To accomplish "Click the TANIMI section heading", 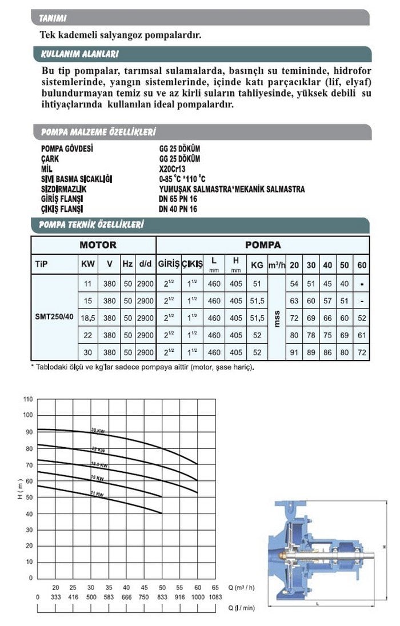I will coord(53,19).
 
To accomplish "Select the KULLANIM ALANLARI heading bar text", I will coord(79,55).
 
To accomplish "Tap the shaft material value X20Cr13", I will coord(173,170).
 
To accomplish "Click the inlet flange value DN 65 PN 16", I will coord(178,199).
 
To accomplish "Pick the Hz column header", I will coord(127,265).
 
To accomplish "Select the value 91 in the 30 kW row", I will coord(295,352).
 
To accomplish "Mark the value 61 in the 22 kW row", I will coord(362,335).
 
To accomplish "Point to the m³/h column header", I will coord(277,265).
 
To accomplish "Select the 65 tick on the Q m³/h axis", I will coord(215,587).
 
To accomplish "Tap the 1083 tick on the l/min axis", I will coord(215,596).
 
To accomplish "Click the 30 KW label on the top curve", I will coord(98,430).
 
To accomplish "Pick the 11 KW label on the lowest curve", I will coord(98,494).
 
